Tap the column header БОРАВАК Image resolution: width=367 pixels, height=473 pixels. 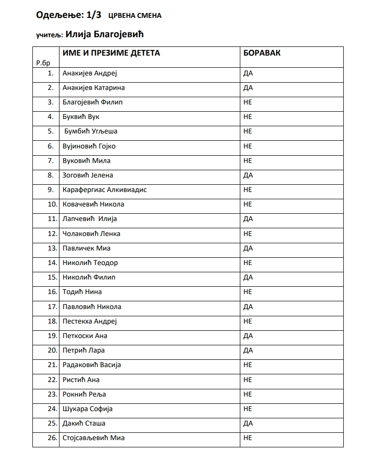262,53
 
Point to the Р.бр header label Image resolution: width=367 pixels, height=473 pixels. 43,62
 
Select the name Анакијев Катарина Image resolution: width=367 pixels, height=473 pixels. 94,88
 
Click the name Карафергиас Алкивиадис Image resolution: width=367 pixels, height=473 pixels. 104,190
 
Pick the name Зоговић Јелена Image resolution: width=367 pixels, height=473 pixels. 88,175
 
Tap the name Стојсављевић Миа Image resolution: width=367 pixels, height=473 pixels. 94,438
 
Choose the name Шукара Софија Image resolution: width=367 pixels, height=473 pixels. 88,409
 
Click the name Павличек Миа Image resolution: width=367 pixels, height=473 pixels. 87,248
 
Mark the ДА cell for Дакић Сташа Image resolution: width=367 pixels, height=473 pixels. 248,423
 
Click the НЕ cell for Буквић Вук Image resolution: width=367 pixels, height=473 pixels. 248,117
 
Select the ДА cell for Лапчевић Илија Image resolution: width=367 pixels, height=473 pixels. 248,219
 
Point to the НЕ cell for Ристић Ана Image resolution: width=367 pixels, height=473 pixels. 248,380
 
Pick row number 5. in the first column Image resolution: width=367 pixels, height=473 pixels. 51,131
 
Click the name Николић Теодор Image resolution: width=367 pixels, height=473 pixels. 90,263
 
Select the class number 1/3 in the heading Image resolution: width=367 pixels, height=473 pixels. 92,15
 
